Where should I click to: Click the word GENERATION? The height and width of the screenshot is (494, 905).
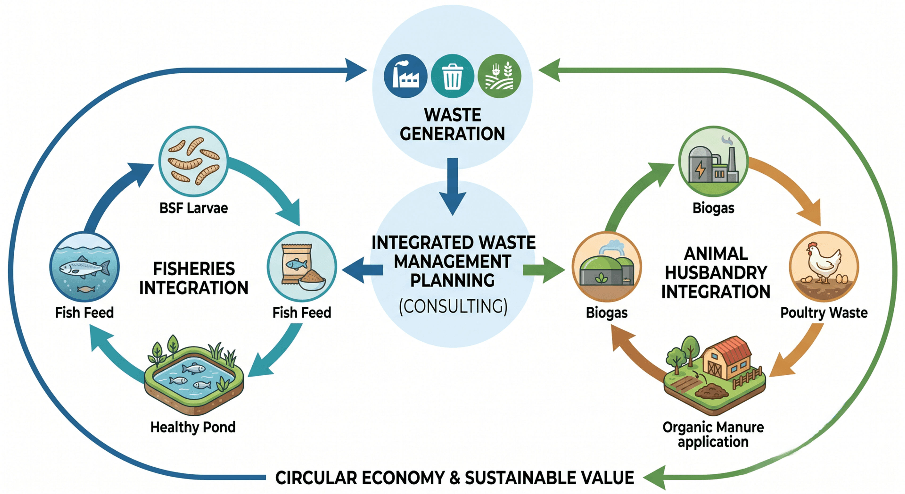(452, 134)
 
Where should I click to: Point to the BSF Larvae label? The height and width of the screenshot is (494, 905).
(193, 208)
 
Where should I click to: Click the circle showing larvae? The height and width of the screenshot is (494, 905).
(193, 161)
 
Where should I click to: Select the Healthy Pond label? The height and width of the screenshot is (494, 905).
(193, 427)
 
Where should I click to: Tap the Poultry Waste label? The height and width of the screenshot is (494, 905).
(824, 313)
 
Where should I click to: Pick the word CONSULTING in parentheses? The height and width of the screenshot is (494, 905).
(453, 307)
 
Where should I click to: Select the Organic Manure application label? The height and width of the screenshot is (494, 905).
(713, 435)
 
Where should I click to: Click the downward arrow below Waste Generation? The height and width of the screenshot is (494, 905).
(453, 186)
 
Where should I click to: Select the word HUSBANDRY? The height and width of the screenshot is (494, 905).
(716, 273)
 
